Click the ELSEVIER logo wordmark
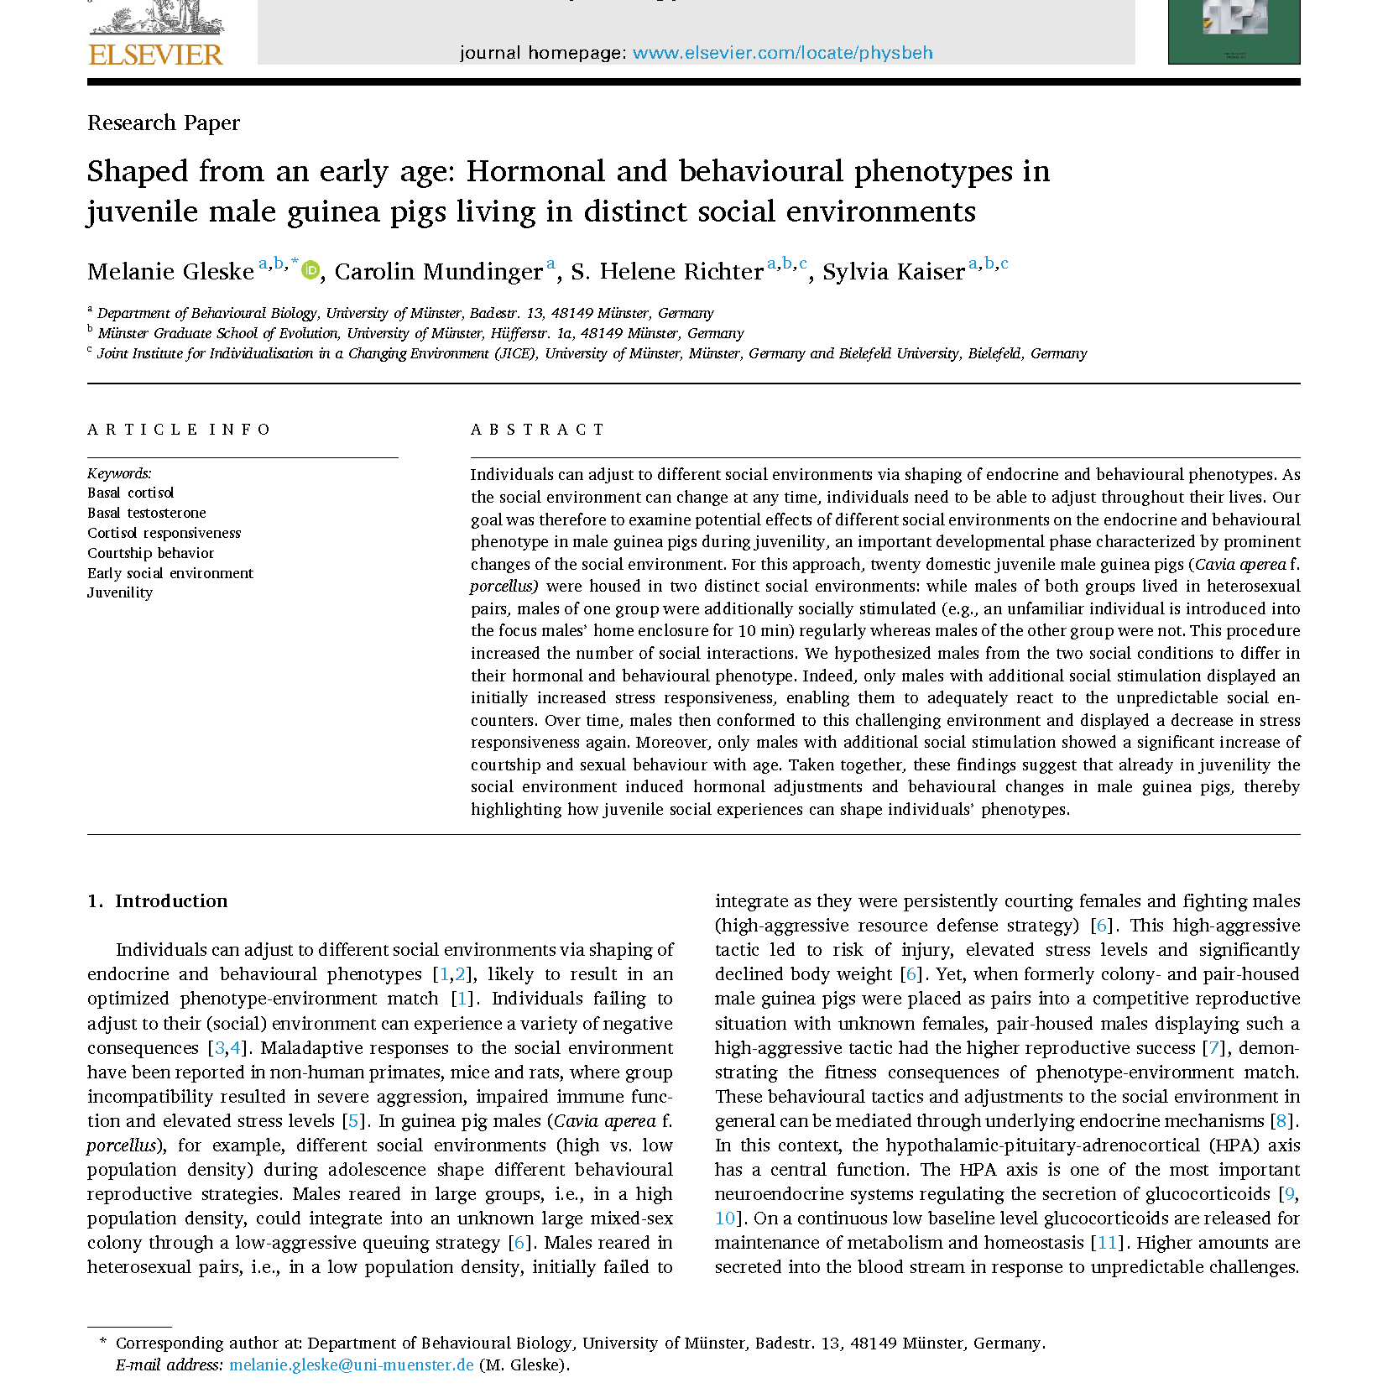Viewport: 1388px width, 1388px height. pyautogui.click(x=156, y=55)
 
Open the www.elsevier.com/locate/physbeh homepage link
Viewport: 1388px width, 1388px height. pyautogui.click(x=782, y=53)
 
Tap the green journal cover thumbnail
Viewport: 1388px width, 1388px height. pyautogui.click(x=1233, y=31)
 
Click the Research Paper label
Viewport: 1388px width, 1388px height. pyautogui.click(x=164, y=123)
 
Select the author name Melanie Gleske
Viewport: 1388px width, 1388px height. pyautogui.click(x=170, y=272)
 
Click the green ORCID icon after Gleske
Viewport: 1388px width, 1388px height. pyautogui.click(x=310, y=270)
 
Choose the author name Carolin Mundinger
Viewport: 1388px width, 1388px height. pyautogui.click(x=438, y=272)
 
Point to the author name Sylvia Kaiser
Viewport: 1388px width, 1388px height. pyautogui.click(x=893, y=272)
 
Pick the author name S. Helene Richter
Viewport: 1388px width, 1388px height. pyautogui.click(x=666, y=272)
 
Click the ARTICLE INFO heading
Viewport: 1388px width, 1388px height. pyautogui.click(x=179, y=430)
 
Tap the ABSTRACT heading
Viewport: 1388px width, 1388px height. pyautogui.click(x=537, y=430)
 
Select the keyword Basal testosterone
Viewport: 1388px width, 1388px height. pyautogui.click(x=147, y=513)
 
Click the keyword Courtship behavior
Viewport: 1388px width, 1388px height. pyautogui.click(x=151, y=553)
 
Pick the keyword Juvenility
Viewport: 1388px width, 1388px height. pyautogui.click(x=120, y=592)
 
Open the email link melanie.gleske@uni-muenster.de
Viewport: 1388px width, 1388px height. pyautogui.click(x=352, y=1365)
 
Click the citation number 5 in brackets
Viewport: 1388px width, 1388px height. pyautogui.click(x=353, y=1121)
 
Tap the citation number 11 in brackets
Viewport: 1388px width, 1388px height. pyautogui.click(x=1107, y=1243)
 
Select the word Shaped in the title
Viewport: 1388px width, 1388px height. pyautogui.click(x=138, y=172)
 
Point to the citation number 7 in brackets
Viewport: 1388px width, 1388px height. pyautogui.click(x=1213, y=1048)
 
